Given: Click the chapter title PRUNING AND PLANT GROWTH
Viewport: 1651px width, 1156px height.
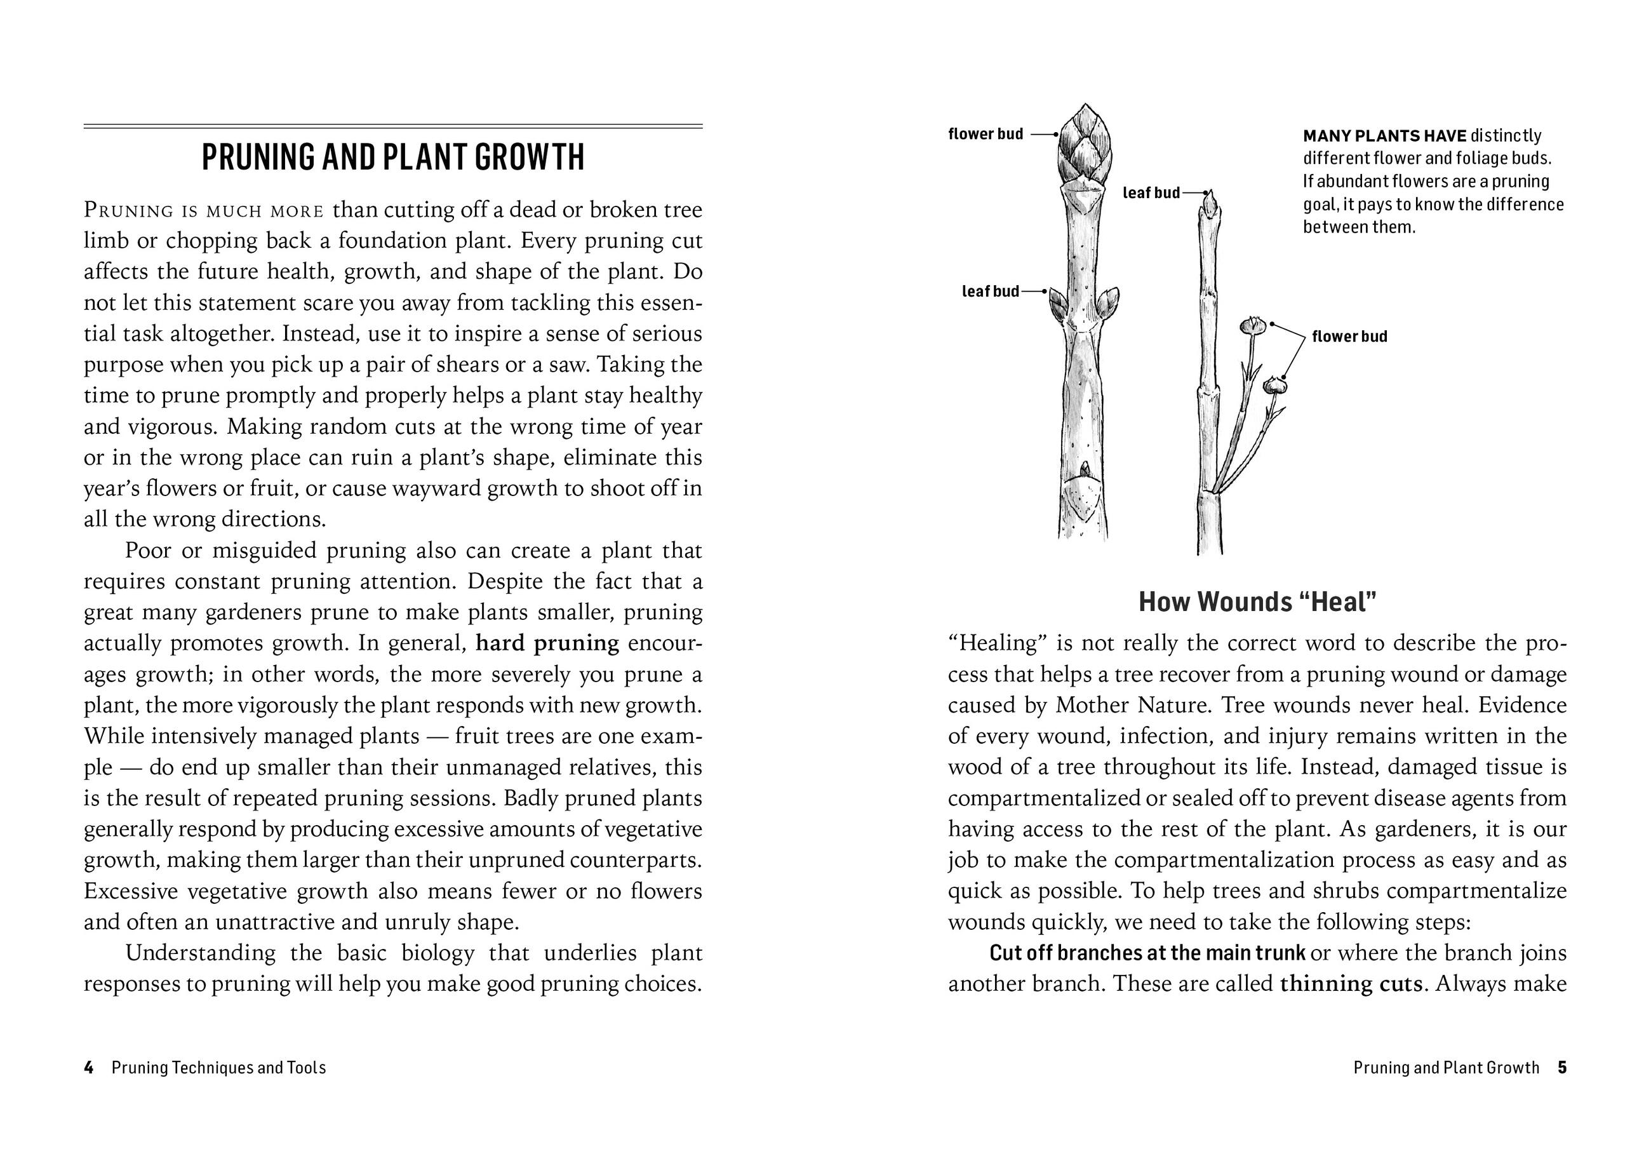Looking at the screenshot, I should pyautogui.click(x=392, y=158).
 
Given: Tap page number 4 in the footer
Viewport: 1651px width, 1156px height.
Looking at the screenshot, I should pyautogui.click(x=88, y=1068).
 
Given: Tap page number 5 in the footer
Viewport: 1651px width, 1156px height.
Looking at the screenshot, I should pyautogui.click(x=1562, y=1068).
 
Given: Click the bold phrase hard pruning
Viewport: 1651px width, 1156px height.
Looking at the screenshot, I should pyautogui.click(x=547, y=643).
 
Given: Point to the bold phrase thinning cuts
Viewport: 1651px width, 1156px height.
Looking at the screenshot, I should pyautogui.click(x=1351, y=983).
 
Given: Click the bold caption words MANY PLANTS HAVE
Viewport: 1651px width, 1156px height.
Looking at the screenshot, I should pyautogui.click(x=1384, y=136).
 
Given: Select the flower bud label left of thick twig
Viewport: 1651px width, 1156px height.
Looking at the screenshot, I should pyautogui.click(x=985, y=135).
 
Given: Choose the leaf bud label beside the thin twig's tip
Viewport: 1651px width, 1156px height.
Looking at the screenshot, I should pyautogui.click(x=1151, y=193).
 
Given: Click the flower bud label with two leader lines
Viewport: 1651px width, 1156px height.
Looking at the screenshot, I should pyautogui.click(x=1349, y=337).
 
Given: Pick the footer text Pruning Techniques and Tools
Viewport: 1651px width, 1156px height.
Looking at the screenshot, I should pyautogui.click(x=218, y=1068).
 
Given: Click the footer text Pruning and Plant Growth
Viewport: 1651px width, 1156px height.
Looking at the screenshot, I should pyautogui.click(x=1445, y=1068).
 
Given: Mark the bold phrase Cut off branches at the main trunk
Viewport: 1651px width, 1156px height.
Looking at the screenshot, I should pyautogui.click(x=1147, y=953).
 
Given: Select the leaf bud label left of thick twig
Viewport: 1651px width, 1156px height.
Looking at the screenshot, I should pyautogui.click(x=990, y=292).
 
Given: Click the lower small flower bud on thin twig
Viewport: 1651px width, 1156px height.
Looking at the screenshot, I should pyautogui.click(x=1275, y=386).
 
